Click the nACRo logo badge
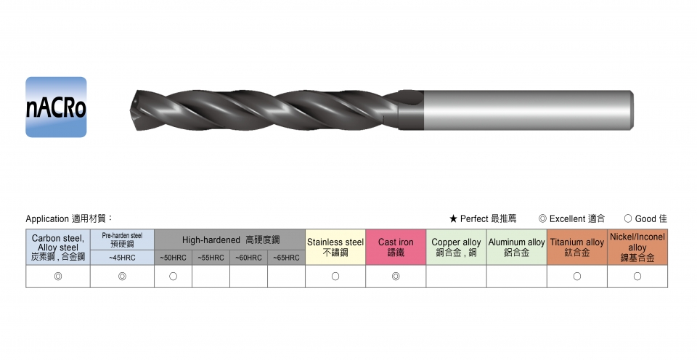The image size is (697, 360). point(56,107)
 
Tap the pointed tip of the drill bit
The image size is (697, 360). point(134,110)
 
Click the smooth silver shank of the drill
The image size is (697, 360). point(529,110)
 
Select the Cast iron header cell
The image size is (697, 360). point(396,247)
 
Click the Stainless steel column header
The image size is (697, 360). point(335,247)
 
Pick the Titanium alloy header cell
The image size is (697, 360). point(577,247)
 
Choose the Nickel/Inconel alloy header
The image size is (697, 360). point(637,247)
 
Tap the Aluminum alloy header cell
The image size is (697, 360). point(516,247)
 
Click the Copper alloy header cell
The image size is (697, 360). point(456,247)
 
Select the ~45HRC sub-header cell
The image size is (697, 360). point(122,258)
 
